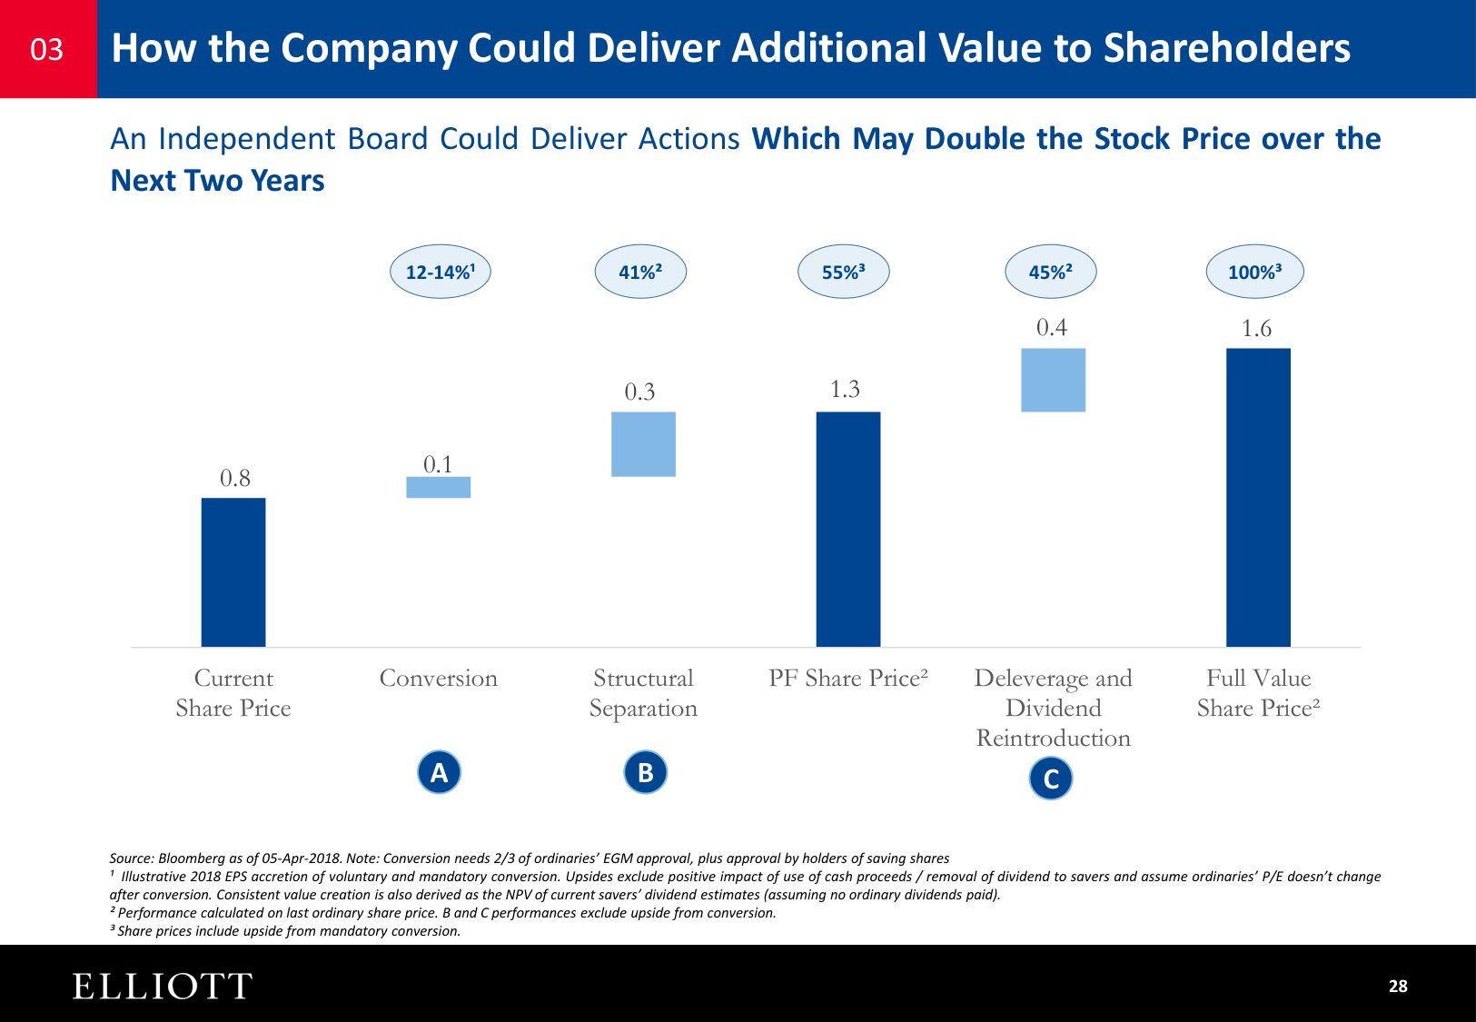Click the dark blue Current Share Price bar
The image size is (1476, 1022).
click(x=233, y=572)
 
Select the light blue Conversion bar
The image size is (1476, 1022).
click(x=438, y=488)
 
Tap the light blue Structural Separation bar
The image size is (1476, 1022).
click(x=643, y=444)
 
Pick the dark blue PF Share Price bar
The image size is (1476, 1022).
click(x=848, y=530)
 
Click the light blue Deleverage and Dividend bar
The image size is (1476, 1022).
click(x=1053, y=381)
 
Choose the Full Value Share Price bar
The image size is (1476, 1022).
click(x=1258, y=497)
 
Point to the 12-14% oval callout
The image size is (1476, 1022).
click(x=441, y=272)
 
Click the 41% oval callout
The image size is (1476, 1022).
click(x=640, y=272)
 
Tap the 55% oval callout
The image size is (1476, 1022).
click(x=843, y=272)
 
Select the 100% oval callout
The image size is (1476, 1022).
click(x=1254, y=272)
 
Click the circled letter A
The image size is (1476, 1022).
click(x=439, y=772)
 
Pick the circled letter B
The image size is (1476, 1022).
click(x=646, y=772)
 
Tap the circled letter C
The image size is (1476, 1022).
click(x=1051, y=779)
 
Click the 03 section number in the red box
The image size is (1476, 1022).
click(x=47, y=49)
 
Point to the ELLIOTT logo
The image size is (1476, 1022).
click(x=162, y=987)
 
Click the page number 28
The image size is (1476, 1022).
click(x=1398, y=987)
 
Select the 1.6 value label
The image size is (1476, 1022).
click(x=1256, y=329)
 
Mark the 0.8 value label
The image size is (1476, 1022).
click(x=234, y=478)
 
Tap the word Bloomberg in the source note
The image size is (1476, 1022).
click(x=190, y=858)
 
